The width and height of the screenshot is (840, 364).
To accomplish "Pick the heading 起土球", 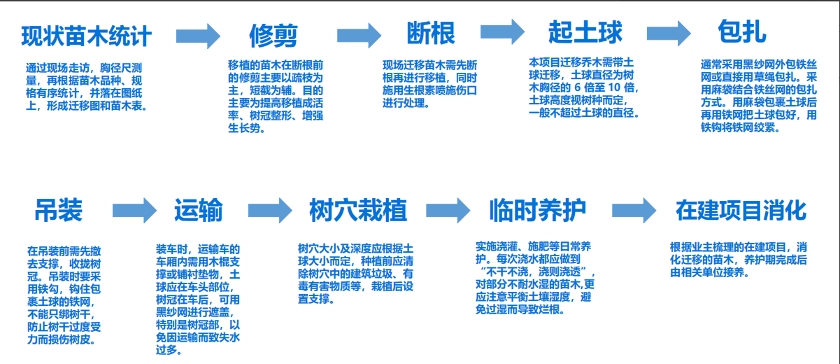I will click(x=585, y=32).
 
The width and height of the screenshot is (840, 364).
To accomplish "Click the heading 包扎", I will click(x=742, y=31).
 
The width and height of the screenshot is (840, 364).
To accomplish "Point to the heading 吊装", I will click(x=59, y=210).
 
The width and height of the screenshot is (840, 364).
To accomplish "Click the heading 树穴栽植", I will click(x=358, y=210).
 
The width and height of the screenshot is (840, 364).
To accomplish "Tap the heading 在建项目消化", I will click(x=741, y=209).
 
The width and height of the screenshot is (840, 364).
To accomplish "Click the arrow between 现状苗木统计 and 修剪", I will click(x=198, y=36).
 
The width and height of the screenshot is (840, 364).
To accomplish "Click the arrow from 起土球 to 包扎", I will click(x=668, y=33).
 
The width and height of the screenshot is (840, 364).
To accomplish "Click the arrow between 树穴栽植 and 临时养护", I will click(x=447, y=209).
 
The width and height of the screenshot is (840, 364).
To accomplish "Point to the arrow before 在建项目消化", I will click(x=634, y=209).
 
